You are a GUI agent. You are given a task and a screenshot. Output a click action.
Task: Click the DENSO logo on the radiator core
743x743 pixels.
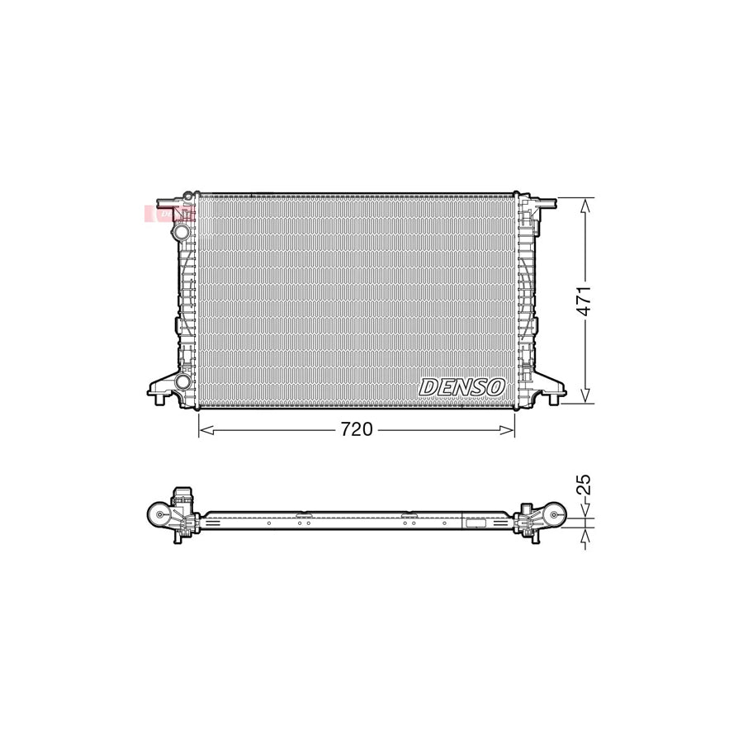pos(461,386)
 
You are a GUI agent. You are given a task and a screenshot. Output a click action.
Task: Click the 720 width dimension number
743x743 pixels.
pos(357,429)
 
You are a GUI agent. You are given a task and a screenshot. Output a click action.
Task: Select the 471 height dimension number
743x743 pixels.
pos(584,301)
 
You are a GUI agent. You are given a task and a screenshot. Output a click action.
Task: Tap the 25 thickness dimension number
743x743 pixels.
pos(584,485)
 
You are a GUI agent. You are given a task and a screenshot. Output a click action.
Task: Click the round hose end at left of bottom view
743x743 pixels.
pos(156,515)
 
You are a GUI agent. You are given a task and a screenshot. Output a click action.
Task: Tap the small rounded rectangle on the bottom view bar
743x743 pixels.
pos(476,523)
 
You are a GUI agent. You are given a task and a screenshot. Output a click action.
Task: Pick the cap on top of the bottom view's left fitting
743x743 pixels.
pos(181,494)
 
